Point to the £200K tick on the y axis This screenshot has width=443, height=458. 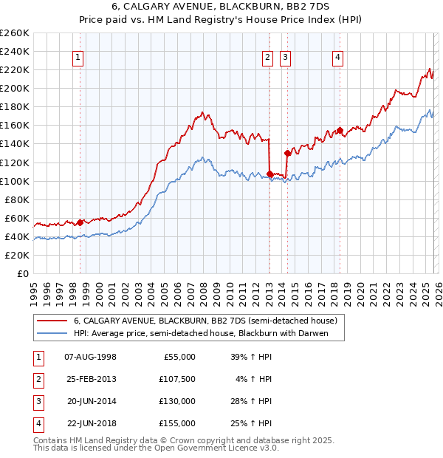[15, 88]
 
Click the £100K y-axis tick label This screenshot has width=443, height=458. [15, 181]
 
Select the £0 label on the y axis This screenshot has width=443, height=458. [22, 273]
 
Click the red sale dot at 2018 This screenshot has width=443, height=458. [340, 130]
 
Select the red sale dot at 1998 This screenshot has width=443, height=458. [80, 222]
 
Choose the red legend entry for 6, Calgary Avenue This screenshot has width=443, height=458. [205, 321]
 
